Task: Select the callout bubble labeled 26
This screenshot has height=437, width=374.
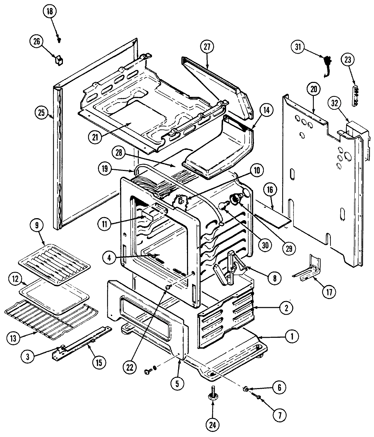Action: (x=36, y=42)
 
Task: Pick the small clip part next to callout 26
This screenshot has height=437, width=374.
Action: (x=59, y=60)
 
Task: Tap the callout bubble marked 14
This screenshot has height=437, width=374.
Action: (x=267, y=110)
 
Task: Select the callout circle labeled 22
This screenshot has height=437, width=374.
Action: (x=131, y=367)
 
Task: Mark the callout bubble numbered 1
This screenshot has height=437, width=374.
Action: (x=292, y=337)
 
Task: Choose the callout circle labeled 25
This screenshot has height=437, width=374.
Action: (x=41, y=113)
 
